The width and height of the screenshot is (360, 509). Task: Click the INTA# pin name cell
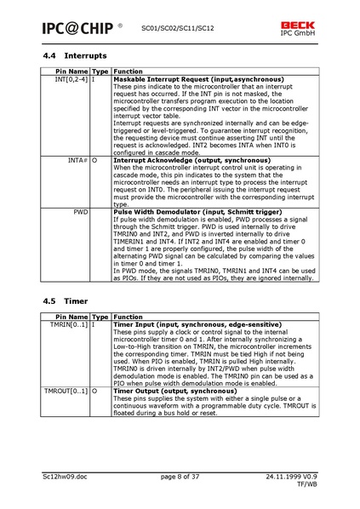click(x=78, y=159)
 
